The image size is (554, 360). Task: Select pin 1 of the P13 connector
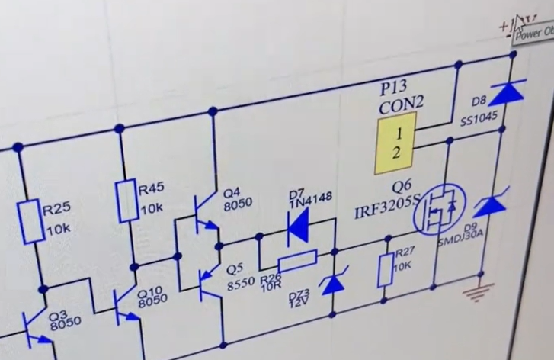pyautogui.click(x=398, y=134)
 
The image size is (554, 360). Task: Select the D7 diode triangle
pyautogui.click(x=298, y=224)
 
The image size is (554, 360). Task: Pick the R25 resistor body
pyautogui.click(x=30, y=220)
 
